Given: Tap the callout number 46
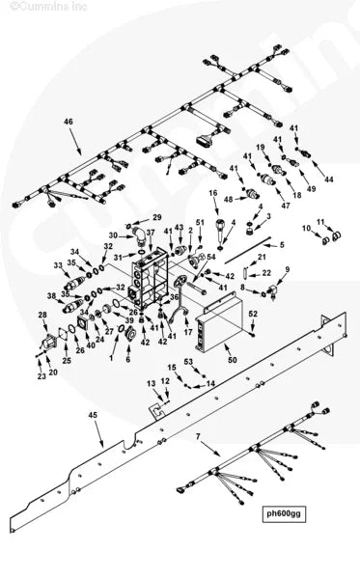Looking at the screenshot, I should coord(68,122).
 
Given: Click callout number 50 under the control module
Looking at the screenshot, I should coord(231,359).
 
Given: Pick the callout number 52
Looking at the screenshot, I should coord(253,314).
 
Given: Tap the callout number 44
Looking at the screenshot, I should coord(328,180).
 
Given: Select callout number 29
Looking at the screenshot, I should coord(156,218).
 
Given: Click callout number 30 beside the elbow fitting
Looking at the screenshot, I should coord(113,235).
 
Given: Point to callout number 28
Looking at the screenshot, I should coord(42,316).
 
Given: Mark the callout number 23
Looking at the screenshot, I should coord(41,376).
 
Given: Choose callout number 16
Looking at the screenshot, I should coord(213,194).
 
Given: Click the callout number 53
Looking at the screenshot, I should coord(189,361).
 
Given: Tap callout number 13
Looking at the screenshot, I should coord(151,383).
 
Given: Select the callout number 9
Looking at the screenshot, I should coord(286,269).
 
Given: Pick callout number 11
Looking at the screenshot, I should coord(321,222).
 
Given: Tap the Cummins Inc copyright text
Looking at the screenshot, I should coord(40,6).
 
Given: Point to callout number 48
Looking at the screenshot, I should coord(229,200).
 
